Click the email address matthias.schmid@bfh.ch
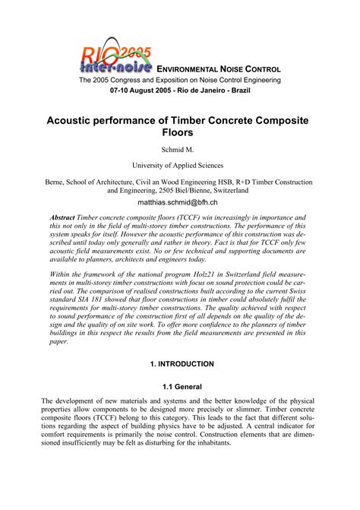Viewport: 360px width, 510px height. tap(180, 203)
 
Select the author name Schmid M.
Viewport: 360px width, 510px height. tap(180, 149)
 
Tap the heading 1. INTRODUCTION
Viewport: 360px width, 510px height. tap(180, 364)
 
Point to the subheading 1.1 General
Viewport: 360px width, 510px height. tap(180, 385)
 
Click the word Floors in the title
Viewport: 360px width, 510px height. tap(180, 132)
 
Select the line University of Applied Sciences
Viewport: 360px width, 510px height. tap(180, 164)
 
